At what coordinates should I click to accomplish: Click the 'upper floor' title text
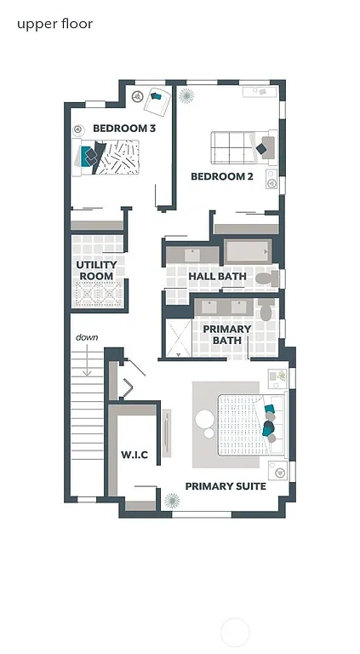(54, 24)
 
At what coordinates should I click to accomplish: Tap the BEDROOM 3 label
(124, 129)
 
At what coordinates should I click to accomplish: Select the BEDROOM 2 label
(221, 177)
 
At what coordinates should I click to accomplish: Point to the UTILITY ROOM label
(96, 271)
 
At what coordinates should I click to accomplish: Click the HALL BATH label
(217, 277)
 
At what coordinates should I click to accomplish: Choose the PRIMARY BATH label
(226, 335)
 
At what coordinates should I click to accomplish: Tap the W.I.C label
(134, 456)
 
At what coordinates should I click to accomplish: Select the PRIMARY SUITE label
(226, 486)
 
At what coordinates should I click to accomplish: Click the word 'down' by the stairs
(86, 337)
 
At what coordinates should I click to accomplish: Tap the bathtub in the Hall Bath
(248, 251)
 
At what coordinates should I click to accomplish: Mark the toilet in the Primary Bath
(266, 311)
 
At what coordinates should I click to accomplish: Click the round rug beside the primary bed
(206, 420)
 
